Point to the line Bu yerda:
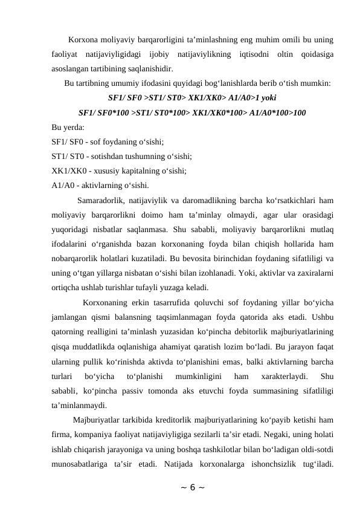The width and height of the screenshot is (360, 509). [68, 128]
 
